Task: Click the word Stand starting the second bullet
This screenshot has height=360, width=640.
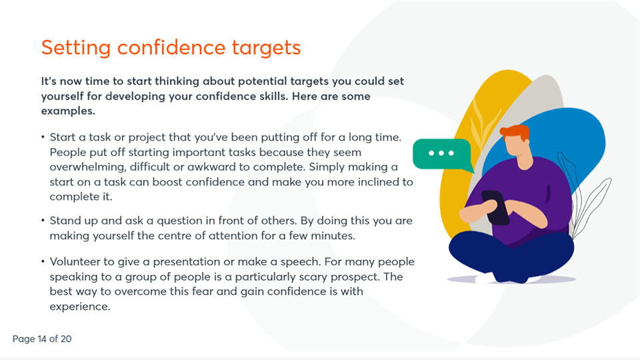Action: pyautogui.click(x=65, y=220)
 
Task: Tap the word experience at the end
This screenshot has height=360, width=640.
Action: pyautogui.click(x=79, y=307)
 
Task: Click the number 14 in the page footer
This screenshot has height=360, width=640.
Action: pyautogui.click(x=45, y=339)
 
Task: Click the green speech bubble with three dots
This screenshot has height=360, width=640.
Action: pyautogui.click(x=441, y=154)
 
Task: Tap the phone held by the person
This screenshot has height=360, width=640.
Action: pyautogui.click(x=494, y=207)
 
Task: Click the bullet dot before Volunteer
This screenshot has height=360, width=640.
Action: pyautogui.click(x=43, y=261)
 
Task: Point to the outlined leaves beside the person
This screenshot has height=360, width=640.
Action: pyautogui.click(x=589, y=200)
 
